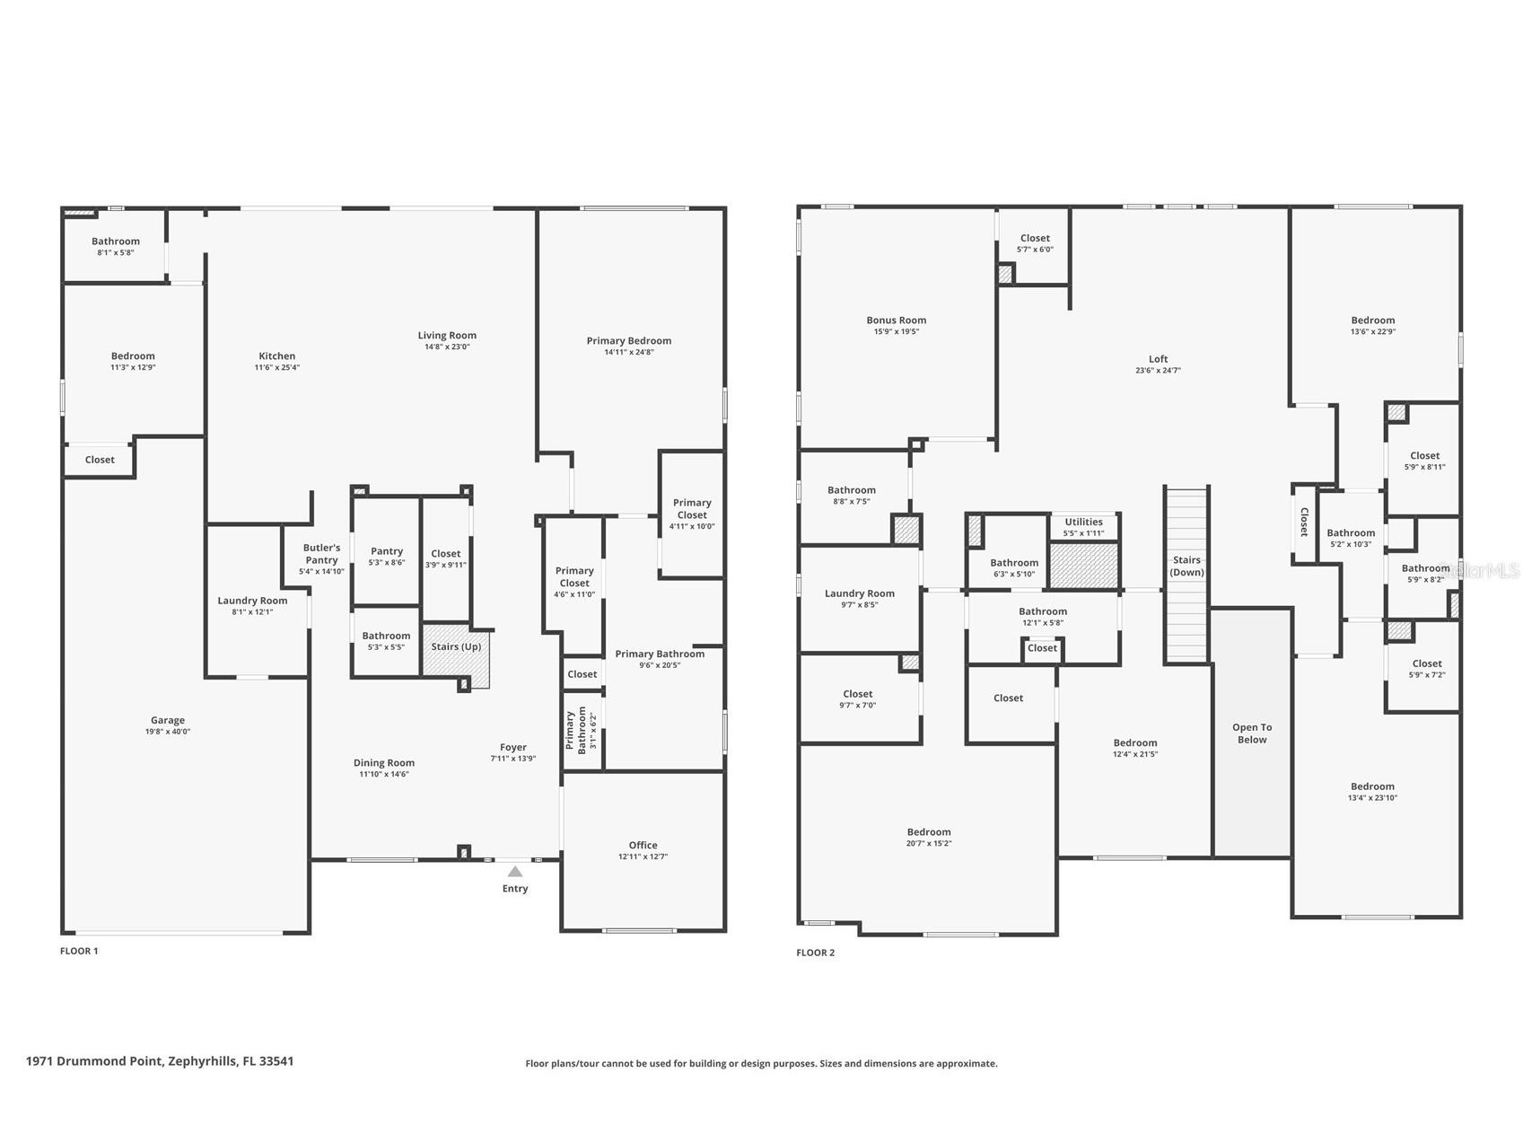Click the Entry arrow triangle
[515, 871]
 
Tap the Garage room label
[168, 720]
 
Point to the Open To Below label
[1252, 734]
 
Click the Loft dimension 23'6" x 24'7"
[1158, 371]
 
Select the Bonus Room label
[896, 320]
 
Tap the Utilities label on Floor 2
[1083, 522]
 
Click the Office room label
[643, 845]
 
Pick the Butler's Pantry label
[321, 553]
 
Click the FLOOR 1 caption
[79, 951]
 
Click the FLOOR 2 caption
[815, 953]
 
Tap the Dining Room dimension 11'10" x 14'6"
[384, 774]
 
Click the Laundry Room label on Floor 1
[252, 601]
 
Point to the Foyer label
[513, 747]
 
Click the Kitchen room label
[277, 356]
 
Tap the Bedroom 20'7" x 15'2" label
[928, 832]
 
